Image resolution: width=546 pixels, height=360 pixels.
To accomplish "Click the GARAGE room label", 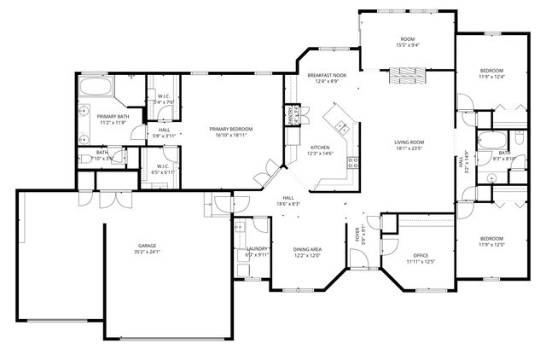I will pyautogui.click(x=147, y=247).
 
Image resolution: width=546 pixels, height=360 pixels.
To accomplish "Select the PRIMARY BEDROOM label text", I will pyautogui.click(x=231, y=129).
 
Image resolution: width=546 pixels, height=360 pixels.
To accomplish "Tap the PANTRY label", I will pyautogui.click(x=291, y=114).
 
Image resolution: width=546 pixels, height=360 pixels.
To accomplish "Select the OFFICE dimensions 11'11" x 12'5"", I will pyautogui.click(x=420, y=261).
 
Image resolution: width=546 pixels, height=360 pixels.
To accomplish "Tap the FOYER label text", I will pyautogui.click(x=358, y=235).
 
